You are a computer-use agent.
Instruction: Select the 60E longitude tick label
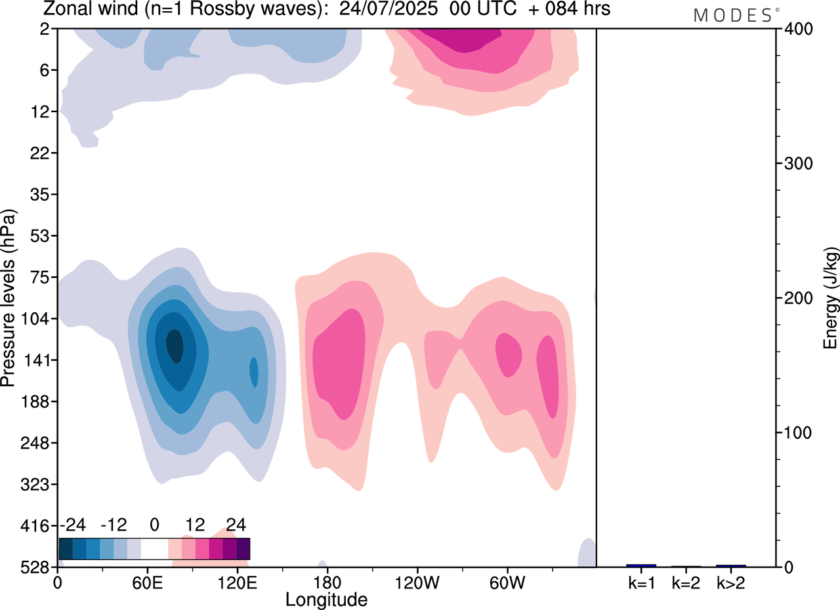pos(147,582)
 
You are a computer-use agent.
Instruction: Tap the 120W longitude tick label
pos(417,582)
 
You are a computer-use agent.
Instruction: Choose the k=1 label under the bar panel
pos(641,582)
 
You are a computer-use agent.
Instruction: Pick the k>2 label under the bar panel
pos(730,582)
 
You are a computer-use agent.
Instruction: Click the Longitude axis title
pos(326,599)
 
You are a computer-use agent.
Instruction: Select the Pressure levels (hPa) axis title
pos(9,298)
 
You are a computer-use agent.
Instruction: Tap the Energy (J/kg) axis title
pos(831,298)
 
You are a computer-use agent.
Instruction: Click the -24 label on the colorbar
pos(73,525)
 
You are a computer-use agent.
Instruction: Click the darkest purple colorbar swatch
pos(243,548)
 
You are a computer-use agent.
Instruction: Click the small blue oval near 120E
pos(254,373)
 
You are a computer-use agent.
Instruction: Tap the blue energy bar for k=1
pos(641,565)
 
